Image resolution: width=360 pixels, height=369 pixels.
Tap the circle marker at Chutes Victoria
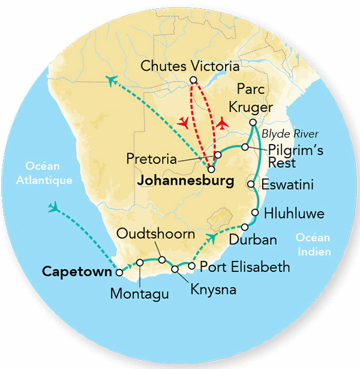click(x=193, y=80)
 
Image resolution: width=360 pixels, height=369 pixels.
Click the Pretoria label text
click(x=152, y=160)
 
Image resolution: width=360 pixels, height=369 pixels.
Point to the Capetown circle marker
click(x=119, y=272)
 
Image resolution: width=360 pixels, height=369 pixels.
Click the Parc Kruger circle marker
click(x=253, y=122)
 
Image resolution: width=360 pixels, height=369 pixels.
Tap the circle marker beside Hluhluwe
click(x=256, y=212)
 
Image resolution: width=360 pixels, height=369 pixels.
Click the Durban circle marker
click(x=245, y=227)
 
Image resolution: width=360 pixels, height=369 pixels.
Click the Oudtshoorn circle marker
click(x=161, y=259)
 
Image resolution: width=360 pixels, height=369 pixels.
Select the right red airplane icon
click(x=224, y=123)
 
